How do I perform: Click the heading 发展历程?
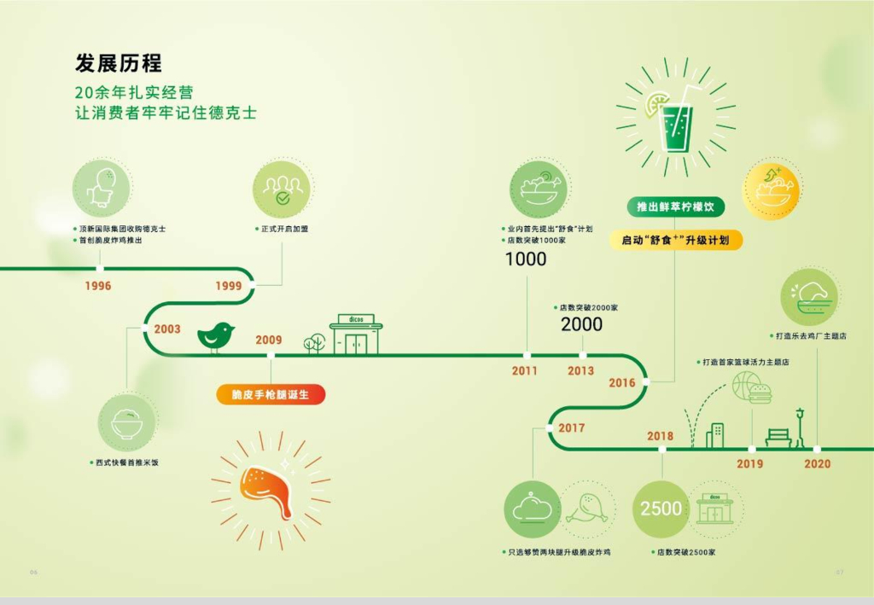(x=118, y=63)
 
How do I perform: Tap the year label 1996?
(x=97, y=286)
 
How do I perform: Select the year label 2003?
(x=167, y=329)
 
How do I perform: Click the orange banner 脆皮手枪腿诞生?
(x=270, y=394)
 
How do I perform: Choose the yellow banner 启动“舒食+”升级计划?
(x=676, y=241)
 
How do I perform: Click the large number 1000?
(x=526, y=259)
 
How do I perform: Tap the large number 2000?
(x=581, y=324)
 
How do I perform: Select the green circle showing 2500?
(x=661, y=509)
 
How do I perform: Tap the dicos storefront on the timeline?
(x=356, y=334)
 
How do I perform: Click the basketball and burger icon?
(x=752, y=388)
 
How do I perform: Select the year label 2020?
(x=817, y=464)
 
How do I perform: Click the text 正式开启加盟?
(x=285, y=230)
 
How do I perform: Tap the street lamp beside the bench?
(x=800, y=427)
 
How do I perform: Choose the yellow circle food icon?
(x=772, y=189)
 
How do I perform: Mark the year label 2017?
(x=571, y=428)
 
